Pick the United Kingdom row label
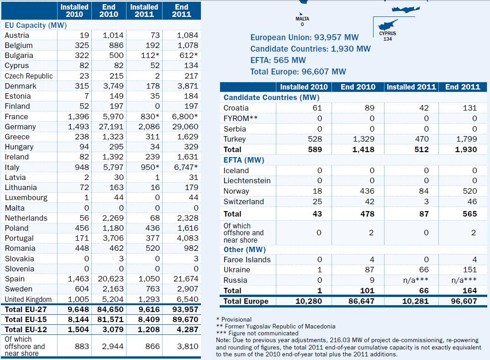[28, 299]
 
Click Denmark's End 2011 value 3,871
[188, 86]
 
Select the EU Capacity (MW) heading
[36, 25]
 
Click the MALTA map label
[302, 19]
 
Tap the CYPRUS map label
[387, 34]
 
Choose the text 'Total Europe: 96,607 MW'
[298, 72]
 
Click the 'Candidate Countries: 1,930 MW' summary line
[311, 49]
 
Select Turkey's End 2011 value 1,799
[466, 139]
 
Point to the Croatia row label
[236, 108]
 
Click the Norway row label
[236, 191]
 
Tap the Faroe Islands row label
[247, 259]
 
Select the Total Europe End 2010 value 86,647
[361, 301]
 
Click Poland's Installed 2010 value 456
[82, 228]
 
